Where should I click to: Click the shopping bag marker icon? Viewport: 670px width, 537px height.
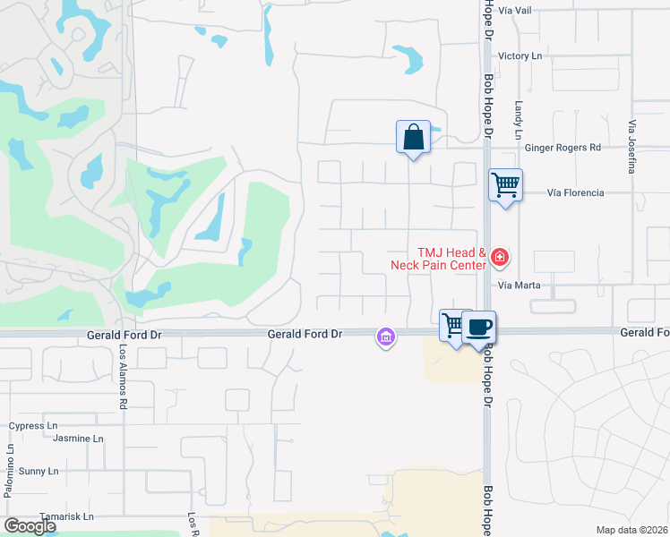[413, 138]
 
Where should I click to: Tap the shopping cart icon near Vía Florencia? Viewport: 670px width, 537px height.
[506, 185]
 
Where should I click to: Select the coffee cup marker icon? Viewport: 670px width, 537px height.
[479, 327]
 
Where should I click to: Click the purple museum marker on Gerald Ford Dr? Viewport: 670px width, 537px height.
[385, 337]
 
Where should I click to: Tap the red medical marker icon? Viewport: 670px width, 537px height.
[499, 260]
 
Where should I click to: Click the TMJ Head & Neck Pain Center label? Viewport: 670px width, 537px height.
[439, 260]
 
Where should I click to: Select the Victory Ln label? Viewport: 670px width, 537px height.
[520, 55]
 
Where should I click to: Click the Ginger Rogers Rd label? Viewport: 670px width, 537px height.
[563, 148]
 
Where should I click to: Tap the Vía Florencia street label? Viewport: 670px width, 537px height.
[575, 192]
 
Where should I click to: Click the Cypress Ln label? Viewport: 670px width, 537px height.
[33, 426]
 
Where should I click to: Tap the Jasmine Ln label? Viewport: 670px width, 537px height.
[78, 439]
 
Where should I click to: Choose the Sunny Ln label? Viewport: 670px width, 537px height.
[39, 471]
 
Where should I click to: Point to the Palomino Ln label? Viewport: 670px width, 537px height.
[9, 470]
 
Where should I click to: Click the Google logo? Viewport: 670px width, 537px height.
[29, 526]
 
